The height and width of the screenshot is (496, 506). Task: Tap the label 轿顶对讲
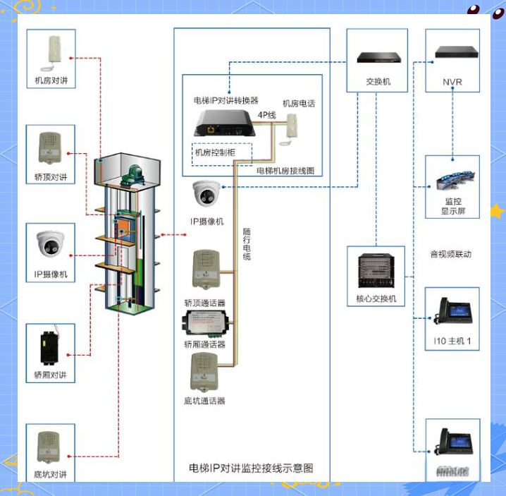(51, 177)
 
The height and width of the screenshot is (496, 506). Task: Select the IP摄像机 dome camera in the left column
(51, 244)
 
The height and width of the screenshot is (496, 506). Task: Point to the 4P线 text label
(267, 114)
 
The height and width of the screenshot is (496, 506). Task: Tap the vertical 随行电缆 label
(247, 244)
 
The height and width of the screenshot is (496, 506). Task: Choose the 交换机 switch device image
(377, 57)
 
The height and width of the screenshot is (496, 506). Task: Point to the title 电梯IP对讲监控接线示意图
(251, 468)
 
